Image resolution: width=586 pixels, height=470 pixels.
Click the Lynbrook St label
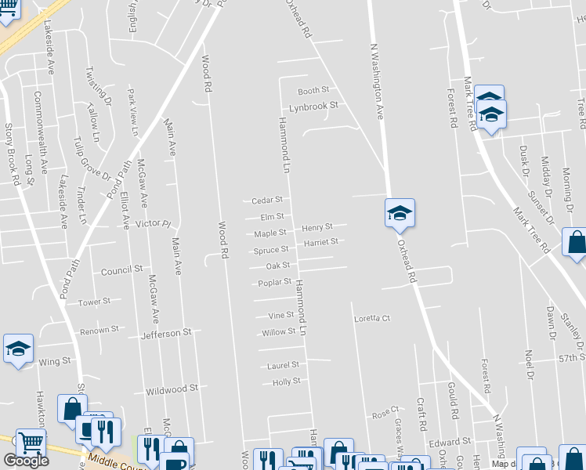[x=313, y=106]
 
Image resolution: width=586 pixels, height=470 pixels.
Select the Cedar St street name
[x=267, y=201]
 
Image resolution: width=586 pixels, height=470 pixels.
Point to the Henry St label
[x=317, y=227]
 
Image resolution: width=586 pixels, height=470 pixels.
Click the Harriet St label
[x=320, y=242]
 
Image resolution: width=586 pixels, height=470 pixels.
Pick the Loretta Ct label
[x=371, y=319]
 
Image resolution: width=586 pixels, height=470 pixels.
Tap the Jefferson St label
[x=166, y=333]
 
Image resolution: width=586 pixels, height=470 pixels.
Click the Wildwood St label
[x=172, y=389]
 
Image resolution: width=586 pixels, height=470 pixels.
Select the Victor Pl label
[x=153, y=223]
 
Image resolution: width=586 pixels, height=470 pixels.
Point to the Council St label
[x=121, y=269]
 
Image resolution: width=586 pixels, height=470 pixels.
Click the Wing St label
[x=55, y=361]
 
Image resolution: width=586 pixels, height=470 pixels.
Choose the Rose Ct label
[x=385, y=410]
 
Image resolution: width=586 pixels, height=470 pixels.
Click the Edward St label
[x=454, y=442]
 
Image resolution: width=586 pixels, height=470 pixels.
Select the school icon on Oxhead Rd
[x=400, y=213]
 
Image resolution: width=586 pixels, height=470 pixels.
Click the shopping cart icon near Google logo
[x=31, y=443]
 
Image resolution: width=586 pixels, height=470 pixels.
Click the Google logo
[x=26, y=461]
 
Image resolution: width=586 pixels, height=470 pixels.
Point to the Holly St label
[x=286, y=382]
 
